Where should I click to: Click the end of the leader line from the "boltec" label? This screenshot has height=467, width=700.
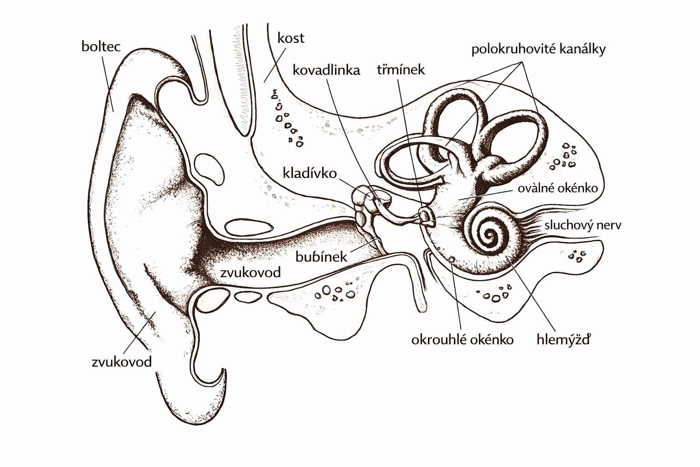[x=113, y=111]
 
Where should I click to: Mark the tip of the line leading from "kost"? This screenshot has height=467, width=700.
[x=264, y=82]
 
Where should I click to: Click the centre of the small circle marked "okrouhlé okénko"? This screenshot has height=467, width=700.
[x=451, y=259]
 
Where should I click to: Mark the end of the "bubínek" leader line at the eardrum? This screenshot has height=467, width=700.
[x=379, y=239]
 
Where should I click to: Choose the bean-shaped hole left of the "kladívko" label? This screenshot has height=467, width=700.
[x=209, y=169]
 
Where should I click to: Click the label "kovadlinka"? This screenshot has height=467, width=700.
[x=326, y=70]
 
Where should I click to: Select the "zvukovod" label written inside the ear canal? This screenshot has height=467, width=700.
[x=251, y=272]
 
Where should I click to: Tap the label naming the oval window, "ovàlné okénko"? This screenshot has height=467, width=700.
[x=558, y=188]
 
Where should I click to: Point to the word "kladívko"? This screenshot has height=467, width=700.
[x=310, y=173]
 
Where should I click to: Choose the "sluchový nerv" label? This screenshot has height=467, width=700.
[x=583, y=225]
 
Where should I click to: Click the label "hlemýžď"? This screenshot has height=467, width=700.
[x=563, y=339]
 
